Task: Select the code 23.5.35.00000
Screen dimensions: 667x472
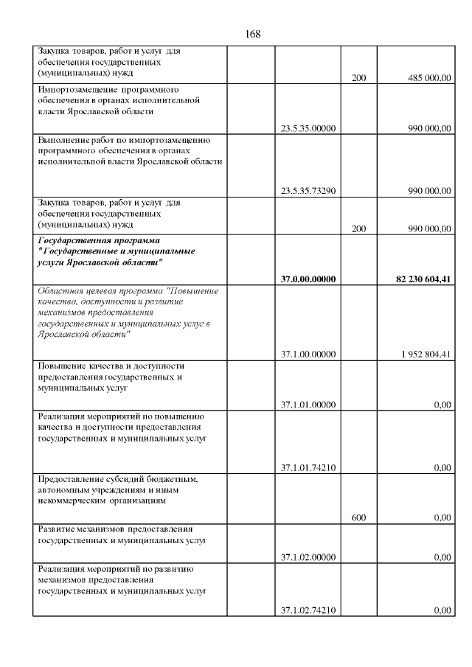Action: tap(308, 128)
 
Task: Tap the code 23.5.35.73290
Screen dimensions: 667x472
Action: tap(308, 191)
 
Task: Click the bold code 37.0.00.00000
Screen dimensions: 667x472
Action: tap(308, 279)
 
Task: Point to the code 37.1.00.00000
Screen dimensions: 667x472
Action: tap(308, 355)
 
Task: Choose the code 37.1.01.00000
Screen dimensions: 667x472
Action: tap(308, 404)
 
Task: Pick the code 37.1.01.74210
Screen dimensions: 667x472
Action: tap(308, 467)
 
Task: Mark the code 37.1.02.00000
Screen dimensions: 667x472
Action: tap(308, 557)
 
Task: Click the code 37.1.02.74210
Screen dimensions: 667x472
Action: tap(308, 610)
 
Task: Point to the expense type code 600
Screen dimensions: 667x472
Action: tap(359, 517)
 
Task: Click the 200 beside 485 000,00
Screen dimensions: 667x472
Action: tap(359, 78)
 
